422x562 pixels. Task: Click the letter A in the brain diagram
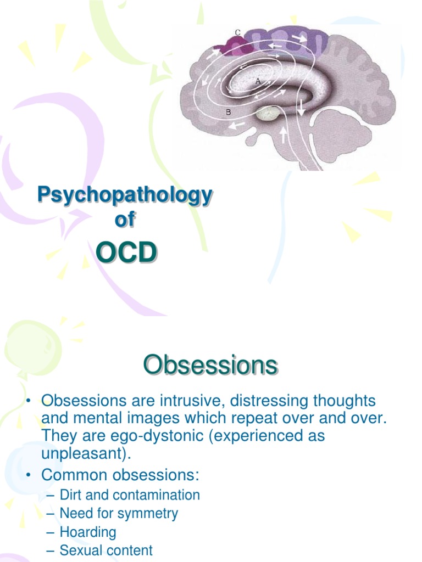[x=257, y=81]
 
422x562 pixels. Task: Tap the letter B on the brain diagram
[x=228, y=113]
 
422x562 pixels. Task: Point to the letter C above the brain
[x=237, y=32]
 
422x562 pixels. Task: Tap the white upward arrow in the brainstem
[x=284, y=133]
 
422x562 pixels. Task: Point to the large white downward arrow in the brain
[x=301, y=108]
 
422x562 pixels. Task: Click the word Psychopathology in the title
[x=124, y=195]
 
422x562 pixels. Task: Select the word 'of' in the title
[x=124, y=220]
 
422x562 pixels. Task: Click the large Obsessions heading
[x=210, y=366]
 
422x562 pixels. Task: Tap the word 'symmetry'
[x=150, y=514]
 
